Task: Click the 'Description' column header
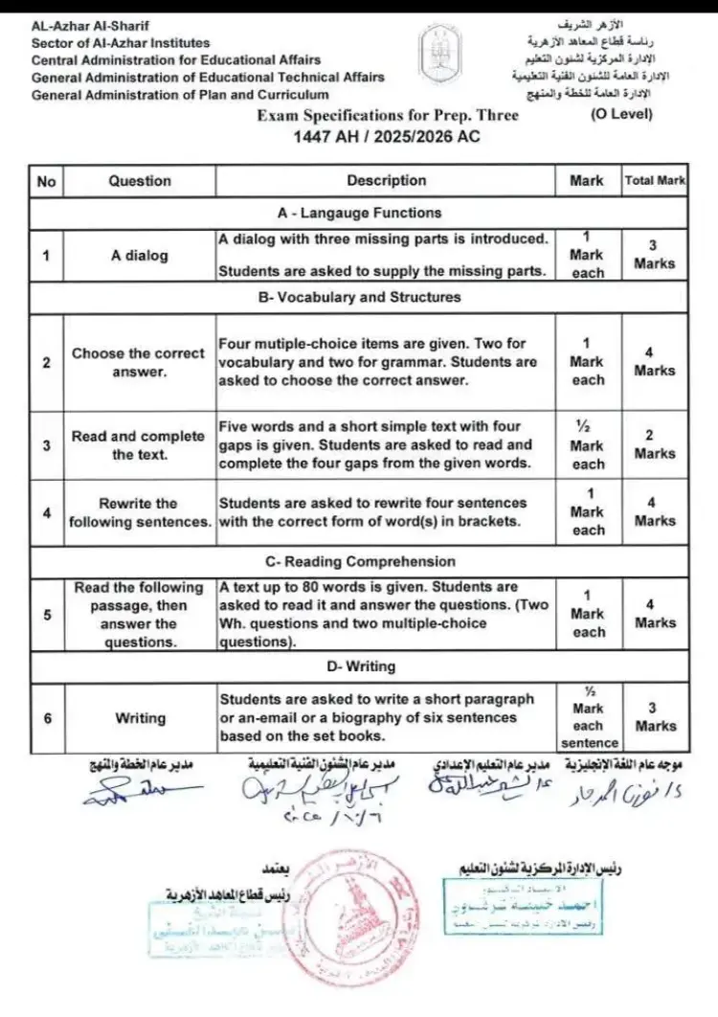386,180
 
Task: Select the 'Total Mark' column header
655,180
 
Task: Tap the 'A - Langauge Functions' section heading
358,213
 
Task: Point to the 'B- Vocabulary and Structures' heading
358,297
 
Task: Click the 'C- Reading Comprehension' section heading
358,561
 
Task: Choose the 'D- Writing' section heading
358,666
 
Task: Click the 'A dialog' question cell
139,256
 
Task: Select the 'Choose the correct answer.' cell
139,362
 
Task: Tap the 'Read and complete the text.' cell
139,445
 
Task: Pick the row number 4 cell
47,511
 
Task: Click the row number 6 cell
47,717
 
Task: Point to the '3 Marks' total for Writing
655,717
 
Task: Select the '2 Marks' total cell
655,445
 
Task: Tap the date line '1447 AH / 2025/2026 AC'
386,136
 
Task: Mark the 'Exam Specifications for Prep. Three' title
388,116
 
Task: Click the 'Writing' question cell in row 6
140,717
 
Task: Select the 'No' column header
47,180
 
